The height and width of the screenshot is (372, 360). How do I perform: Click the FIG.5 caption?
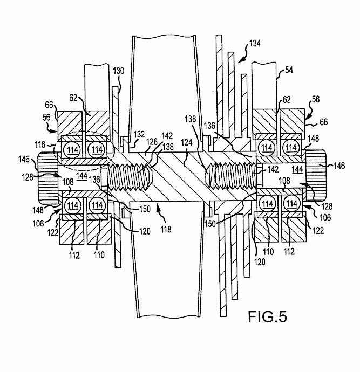[267, 316]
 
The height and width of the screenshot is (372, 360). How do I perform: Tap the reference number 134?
[255, 44]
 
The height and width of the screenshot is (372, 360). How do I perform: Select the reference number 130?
[118, 71]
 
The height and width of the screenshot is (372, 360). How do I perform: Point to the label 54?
[289, 70]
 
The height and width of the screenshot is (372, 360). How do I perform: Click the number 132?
[139, 134]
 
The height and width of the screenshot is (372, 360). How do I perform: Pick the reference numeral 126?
[152, 142]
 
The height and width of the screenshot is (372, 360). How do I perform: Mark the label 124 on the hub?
[186, 142]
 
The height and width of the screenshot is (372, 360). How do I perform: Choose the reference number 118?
[166, 229]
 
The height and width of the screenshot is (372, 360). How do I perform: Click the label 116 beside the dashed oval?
[40, 144]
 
